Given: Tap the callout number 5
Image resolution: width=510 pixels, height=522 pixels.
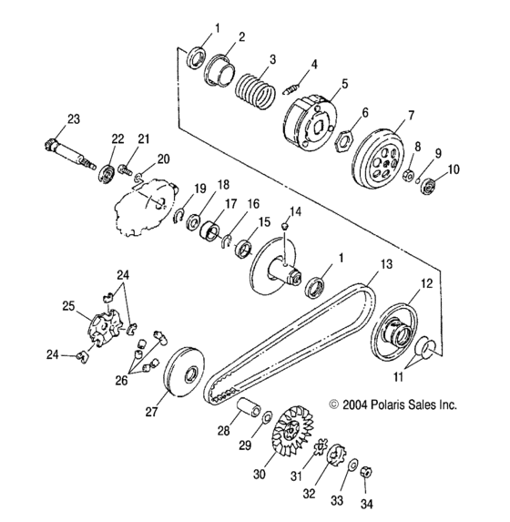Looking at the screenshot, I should pos(344,83).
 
